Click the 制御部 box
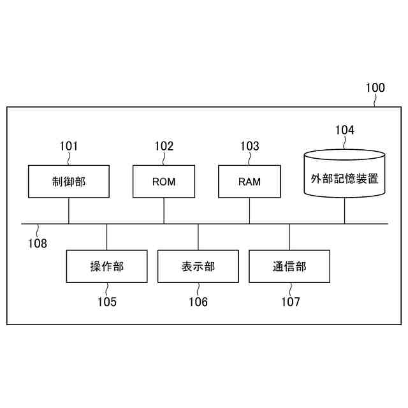point(68,181)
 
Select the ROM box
point(164,181)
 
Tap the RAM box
point(249,181)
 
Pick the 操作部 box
point(106,266)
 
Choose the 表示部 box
point(198,266)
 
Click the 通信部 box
point(289,266)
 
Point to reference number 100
point(375,88)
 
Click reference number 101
point(68,146)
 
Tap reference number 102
point(164,146)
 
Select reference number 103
point(249,146)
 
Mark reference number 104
point(345,130)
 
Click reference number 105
point(106,302)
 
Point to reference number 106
point(198,302)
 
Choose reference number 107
point(290,302)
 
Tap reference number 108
point(37,243)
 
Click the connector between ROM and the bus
point(164,210)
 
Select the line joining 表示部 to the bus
point(198,237)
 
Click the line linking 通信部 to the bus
point(289,237)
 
